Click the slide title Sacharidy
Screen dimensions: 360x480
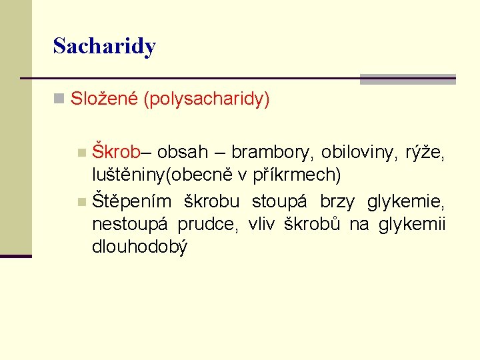[x=104, y=46]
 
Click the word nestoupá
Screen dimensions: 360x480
[x=129, y=224]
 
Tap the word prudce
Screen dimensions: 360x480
[x=207, y=224]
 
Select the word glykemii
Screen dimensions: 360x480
[x=411, y=224]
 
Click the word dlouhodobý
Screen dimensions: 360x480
[x=140, y=247]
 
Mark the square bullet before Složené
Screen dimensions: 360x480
[x=59, y=100]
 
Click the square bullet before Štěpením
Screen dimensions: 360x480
[x=81, y=201]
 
